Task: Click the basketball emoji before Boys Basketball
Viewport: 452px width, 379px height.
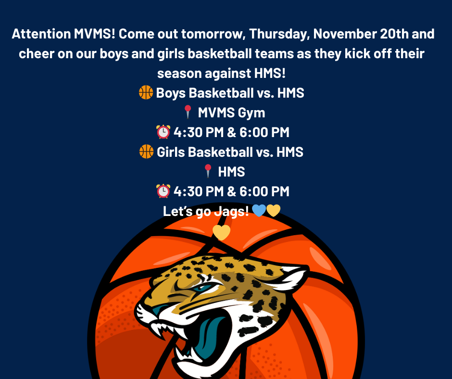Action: tap(146, 93)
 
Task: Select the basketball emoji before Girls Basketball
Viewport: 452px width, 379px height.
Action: tap(146, 152)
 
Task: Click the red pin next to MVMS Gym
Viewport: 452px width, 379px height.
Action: tap(188, 113)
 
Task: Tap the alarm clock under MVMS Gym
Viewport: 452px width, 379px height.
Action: tap(163, 132)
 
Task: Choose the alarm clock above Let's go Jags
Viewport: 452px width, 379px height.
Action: tap(163, 191)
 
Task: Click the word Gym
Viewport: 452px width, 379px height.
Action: tap(253, 113)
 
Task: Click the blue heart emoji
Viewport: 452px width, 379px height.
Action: tap(259, 210)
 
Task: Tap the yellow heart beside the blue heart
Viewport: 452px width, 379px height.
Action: tap(273, 210)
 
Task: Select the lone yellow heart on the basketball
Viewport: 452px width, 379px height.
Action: tap(221, 232)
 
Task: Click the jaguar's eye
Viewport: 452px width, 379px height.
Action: tap(203, 289)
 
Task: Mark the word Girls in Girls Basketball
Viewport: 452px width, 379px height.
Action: tap(171, 152)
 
